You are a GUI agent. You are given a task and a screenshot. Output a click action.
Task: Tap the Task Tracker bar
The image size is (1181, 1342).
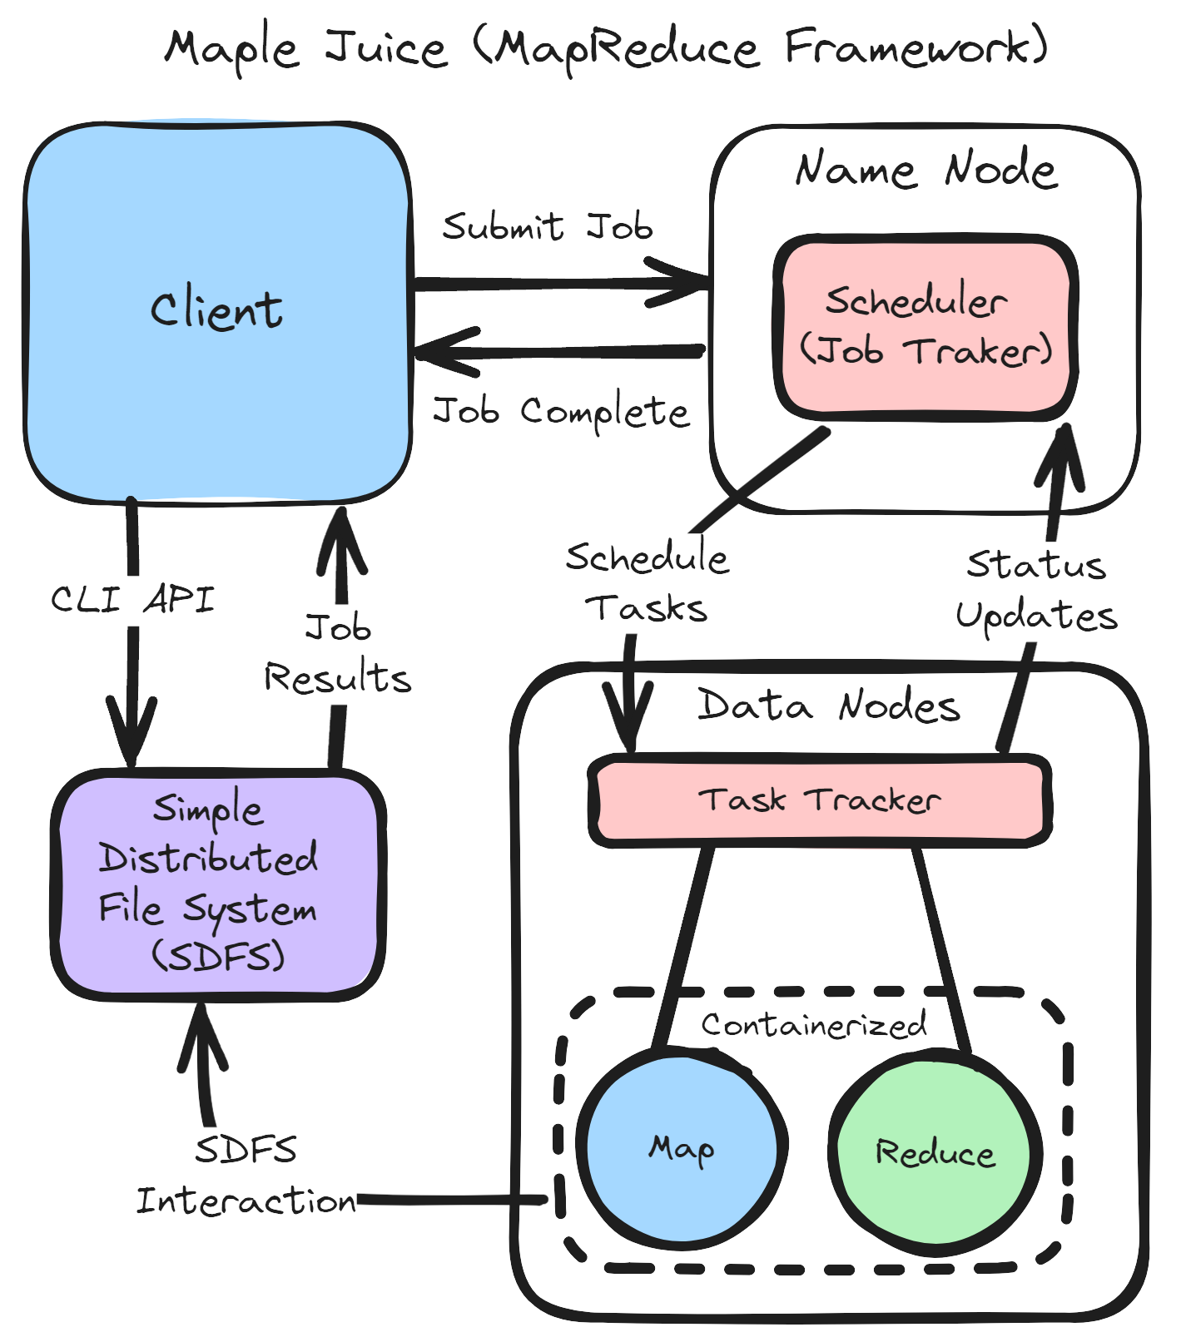tap(819, 800)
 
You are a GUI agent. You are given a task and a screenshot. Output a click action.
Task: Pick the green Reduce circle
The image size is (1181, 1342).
tap(935, 1153)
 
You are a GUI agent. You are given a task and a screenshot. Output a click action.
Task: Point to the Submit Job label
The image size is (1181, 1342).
tap(547, 226)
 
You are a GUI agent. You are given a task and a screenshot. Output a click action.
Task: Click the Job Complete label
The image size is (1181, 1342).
tap(561, 411)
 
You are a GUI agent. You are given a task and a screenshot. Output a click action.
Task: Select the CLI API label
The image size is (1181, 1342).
tap(133, 599)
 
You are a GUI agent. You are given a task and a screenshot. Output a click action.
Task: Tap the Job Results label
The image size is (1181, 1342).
tap(338, 653)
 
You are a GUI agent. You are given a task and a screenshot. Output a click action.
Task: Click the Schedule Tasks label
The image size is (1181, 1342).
tap(647, 582)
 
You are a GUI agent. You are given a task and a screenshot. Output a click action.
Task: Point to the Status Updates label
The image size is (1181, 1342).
tap(1036, 591)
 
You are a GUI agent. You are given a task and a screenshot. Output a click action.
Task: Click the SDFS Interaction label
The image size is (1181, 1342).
tap(246, 1176)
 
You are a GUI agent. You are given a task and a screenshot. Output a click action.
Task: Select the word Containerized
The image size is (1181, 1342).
tap(813, 1025)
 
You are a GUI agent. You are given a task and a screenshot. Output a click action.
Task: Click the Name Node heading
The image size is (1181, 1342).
tap(925, 170)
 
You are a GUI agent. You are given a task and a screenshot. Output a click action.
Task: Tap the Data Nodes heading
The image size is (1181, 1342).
tap(829, 706)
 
